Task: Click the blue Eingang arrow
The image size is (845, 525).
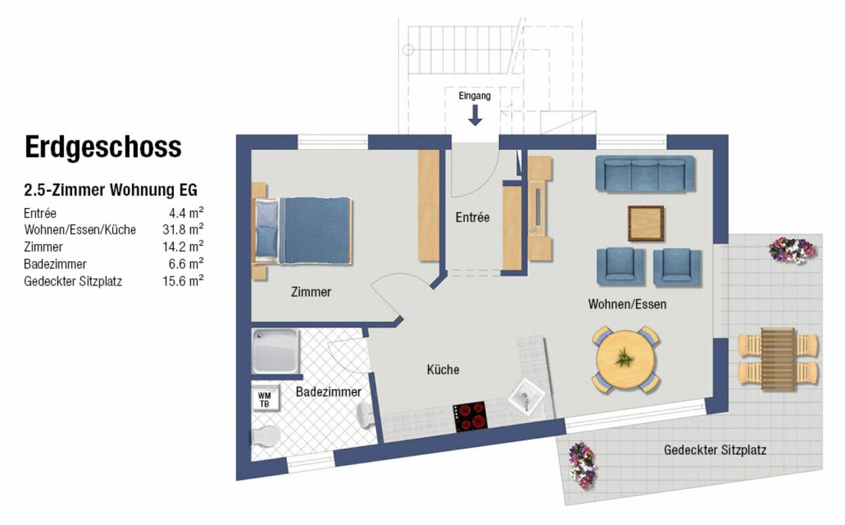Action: click(475, 115)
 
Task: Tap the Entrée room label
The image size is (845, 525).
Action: click(472, 217)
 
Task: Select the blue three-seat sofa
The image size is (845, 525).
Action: click(645, 174)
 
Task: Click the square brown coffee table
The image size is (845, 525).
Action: click(646, 223)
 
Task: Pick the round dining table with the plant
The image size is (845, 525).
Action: click(626, 359)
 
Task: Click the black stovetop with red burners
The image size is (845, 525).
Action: click(470, 417)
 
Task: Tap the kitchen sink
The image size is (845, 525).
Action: click(527, 397)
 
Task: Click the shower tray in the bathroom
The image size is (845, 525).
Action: click(275, 351)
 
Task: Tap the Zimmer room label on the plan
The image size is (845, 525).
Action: click(311, 291)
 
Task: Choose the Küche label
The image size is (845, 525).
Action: click(443, 369)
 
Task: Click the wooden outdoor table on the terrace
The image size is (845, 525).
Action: click(778, 359)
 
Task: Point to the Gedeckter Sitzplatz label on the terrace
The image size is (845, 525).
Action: click(715, 450)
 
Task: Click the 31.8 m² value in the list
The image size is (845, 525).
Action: click(183, 229)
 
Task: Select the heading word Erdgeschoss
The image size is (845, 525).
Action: click(103, 147)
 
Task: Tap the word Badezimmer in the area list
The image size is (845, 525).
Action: click(55, 264)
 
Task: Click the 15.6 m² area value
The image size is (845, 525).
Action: click(183, 281)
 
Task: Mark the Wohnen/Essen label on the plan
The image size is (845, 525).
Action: click(627, 304)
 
